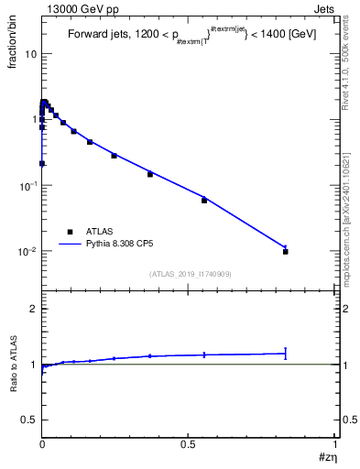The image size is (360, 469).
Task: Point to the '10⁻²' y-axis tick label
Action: coord(27,251)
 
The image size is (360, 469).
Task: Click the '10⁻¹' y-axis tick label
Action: coord(27,185)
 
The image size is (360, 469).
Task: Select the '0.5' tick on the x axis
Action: coord(190,446)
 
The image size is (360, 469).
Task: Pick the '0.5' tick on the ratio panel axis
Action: coord(30,420)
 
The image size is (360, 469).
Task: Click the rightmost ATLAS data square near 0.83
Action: coord(286,251)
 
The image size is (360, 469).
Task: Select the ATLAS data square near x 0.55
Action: coord(204,200)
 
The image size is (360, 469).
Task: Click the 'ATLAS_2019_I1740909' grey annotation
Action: coord(190,274)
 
